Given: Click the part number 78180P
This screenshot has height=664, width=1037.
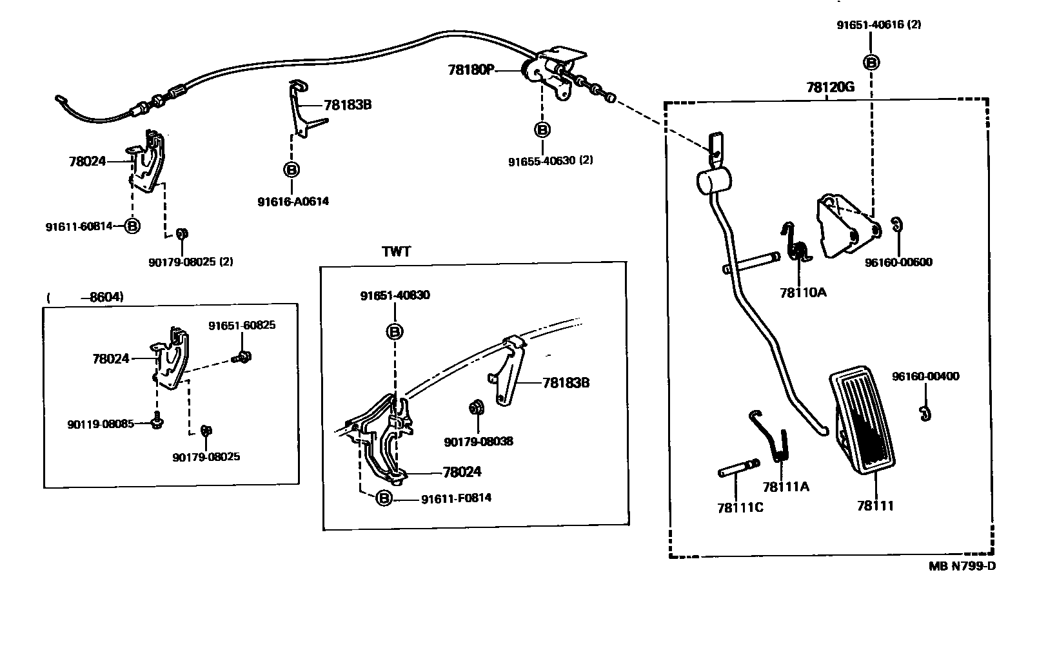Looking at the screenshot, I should pyautogui.click(x=470, y=70).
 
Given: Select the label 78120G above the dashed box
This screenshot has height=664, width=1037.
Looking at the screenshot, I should pyautogui.click(x=829, y=88).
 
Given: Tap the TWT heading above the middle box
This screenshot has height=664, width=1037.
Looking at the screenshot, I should pyautogui.click(x=396, y=252).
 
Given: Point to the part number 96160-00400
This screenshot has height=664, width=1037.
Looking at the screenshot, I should pyautogui.click(x=925, y=376).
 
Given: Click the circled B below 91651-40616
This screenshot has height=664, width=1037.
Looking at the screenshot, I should pyautogui.click(x=871, y=63).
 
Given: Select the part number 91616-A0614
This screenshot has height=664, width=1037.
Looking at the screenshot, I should pyautogui.click(x=293, y=201).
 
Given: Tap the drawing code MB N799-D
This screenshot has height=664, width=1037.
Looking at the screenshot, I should pyautogui.click(x=962, y=567).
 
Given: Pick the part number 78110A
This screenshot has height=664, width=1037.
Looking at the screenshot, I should pyautogui.click(x=802, y=293).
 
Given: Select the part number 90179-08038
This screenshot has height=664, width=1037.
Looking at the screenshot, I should pyautogui.click(x=479, y=442).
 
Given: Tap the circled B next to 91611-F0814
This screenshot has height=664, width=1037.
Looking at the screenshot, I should pyautogui.click(x=384, y=498).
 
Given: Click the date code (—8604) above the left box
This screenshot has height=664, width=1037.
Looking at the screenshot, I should pyautogui.click(x=85, y=297).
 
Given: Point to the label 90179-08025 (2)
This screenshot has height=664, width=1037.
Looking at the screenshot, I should pyautogui.click(x=190, y=262).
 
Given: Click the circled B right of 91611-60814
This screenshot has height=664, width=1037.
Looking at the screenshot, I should pyautogui.click(x=132, y=226).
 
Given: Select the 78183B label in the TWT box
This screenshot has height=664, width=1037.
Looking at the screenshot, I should pyautogui.click(x=566, y=383).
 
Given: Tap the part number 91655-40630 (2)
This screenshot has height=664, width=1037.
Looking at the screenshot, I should pyautogui.click(x=550, y=161).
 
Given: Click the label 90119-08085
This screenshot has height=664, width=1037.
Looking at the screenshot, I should pyautogui.click(x=101, y=424).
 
